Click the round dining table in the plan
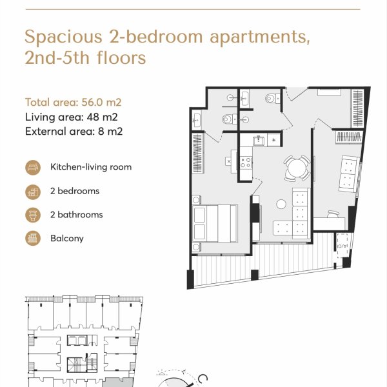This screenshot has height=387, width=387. pyautogui.click(x=297, y=168)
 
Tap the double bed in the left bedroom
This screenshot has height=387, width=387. pyautogui.click(x=215, y=223)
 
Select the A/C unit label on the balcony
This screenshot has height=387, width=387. pyautogui.click(x=342, y=246)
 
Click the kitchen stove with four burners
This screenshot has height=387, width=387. pyautogui.click(x=246, y=163)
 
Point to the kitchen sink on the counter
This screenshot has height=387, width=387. pyautogui.click(x=259, y=141)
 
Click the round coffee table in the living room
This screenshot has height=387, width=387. pyautogui.click(x=281, y=204)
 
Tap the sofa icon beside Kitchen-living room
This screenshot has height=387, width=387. pyautogui.click(x=33, y=167)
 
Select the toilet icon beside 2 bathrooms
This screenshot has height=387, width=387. pyautogui.click(x=33, y=215)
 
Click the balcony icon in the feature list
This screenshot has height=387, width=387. pyautogui.click(x=33, y=239)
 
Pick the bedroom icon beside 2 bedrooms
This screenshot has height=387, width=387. pyautogui.click(x=33, y=192)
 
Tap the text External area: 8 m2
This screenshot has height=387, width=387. pyautogui.click(x=74, y=132)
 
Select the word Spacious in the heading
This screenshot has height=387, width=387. pyautogui.click(x=63, y=37)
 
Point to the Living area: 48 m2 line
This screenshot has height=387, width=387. pyautogui.click(x=72, y=117)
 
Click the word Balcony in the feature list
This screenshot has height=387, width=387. pyautogui.click(x=67, y=239)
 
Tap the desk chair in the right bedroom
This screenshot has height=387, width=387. pyautogui.click(x=333, y=214)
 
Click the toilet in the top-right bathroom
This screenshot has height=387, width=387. pyautogui.click(x=273, y=98)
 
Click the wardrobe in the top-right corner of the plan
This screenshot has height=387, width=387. pyautogui.click(x=357, y=108)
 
